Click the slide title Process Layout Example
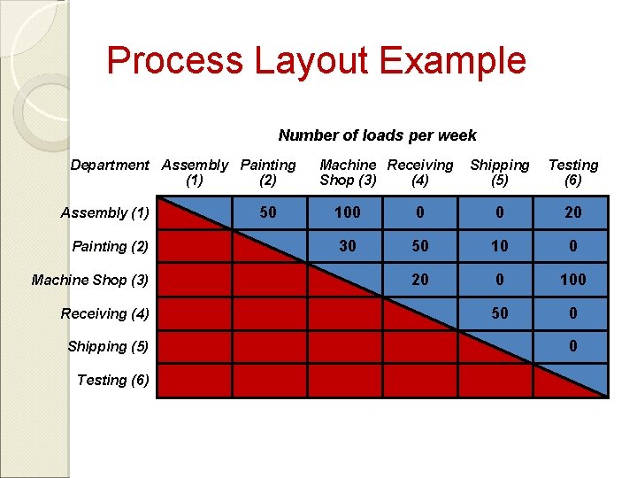(x=316, y=61)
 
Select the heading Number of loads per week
(x=377, y=135)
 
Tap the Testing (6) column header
(x=573, y=173)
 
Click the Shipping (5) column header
(x=500, y=173)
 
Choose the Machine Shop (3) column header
(x=348, y=173)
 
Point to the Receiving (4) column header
(x=420, y=173)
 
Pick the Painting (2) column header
(x=268, y=173)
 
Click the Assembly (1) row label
(x=104, y=212)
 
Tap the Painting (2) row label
(x=110, y=246)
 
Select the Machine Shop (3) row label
(x=90, y=280)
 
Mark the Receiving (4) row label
(x=104, y=313)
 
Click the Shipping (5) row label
(x=108, y=346)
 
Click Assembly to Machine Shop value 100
(x=348, y=212)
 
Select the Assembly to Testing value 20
(x=573, y=212)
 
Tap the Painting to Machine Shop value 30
(x=348, y=246)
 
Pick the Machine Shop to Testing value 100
(x=573, y=280)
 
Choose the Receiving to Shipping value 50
(x=500, y=313)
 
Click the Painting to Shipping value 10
(x=500, y=246)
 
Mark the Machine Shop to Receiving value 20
(x=420, y=280)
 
